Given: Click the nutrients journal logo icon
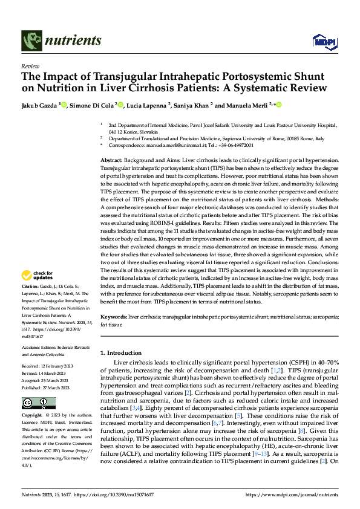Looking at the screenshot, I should coord(31,41).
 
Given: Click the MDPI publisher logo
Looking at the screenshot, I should coord(322,41).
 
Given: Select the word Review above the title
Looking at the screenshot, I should coord(30,66).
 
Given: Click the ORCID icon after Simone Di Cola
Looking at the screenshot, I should coord(120,105).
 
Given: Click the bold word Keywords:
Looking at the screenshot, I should coord(114,316).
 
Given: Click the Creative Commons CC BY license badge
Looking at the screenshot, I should coord(39,403).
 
